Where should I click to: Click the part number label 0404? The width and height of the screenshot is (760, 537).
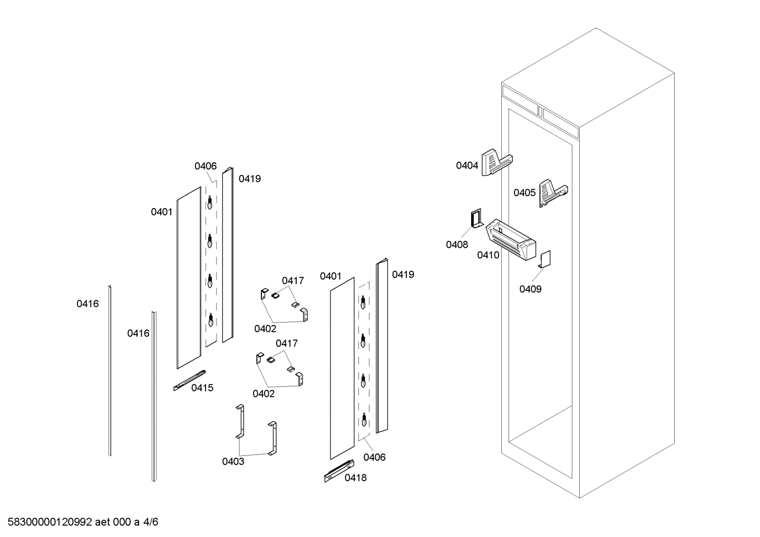click(466, 165)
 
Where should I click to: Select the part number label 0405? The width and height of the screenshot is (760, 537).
click(524, 193)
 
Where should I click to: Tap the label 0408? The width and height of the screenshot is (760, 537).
click(456, 245)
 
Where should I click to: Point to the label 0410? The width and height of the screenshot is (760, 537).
click(488, 255)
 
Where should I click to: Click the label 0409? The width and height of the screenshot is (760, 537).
click(530, 289)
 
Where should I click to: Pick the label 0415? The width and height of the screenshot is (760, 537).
click(202, 388)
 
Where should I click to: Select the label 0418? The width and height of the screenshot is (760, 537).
click(356, 478)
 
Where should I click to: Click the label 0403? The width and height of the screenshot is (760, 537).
click(233, 462)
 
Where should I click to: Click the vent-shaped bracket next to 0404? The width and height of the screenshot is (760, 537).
click(496, 162)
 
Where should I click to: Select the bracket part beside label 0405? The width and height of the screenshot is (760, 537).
click(553, 192)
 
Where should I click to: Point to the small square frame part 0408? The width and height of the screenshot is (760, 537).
click(476, 218)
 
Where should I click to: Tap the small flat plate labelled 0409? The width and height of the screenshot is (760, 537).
click(545, 259)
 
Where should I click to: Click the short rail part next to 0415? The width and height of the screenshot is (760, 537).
click(189, 380)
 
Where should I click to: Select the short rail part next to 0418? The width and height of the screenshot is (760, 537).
click(339, 471)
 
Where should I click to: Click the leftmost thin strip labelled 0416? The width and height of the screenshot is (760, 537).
click(110, 370)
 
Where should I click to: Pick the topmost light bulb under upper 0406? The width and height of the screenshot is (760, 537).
click(210, 202)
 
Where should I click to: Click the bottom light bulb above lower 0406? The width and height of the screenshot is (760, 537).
click(363, 421)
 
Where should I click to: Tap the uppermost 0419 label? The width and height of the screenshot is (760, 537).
click(250, 179)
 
